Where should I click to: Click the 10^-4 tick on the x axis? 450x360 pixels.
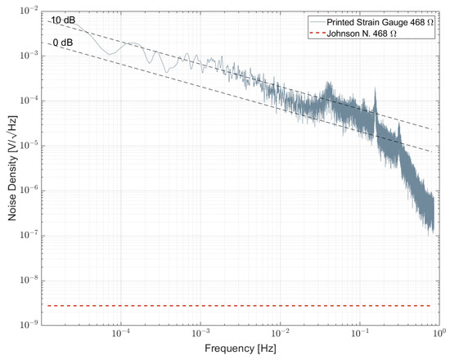(x=120, y=335)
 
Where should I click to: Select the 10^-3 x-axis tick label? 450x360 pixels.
(x=200, y=335)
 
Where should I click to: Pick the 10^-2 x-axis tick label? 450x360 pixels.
(x=279, y=335)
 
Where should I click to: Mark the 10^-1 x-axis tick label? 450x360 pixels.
(x=358, y=335)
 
